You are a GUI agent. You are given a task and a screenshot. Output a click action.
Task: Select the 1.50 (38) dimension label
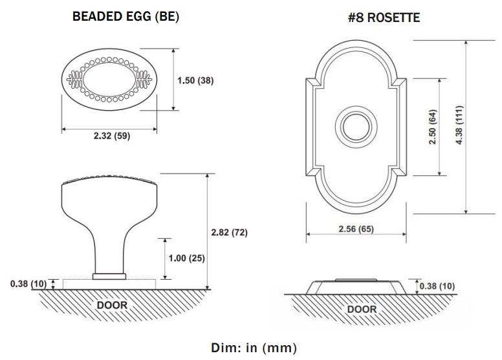[x=195, y=81]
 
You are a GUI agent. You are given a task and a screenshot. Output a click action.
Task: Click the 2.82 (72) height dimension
[x=230, y=232]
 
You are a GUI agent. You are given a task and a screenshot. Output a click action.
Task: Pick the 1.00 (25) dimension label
[x=186, y=258]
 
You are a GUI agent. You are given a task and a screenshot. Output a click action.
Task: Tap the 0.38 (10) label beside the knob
[x=28, y=284]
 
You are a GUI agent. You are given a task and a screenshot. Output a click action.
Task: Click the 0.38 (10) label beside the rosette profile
[x=437, y=286]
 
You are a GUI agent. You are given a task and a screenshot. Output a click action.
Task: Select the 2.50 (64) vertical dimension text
[x=433, y=128]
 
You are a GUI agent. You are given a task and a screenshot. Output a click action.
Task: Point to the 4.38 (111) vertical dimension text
[x=459, y=126]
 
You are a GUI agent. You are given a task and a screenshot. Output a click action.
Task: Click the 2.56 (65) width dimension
[x=356, y=229]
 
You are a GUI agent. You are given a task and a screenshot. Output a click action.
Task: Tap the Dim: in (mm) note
[x=252, y=347]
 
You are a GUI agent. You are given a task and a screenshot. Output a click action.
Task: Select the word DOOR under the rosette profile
[x=362, y=309]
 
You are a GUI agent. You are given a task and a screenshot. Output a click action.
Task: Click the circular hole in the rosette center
[x=356, y=125]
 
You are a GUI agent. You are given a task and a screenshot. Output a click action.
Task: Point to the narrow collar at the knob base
[x=109, y=276]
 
